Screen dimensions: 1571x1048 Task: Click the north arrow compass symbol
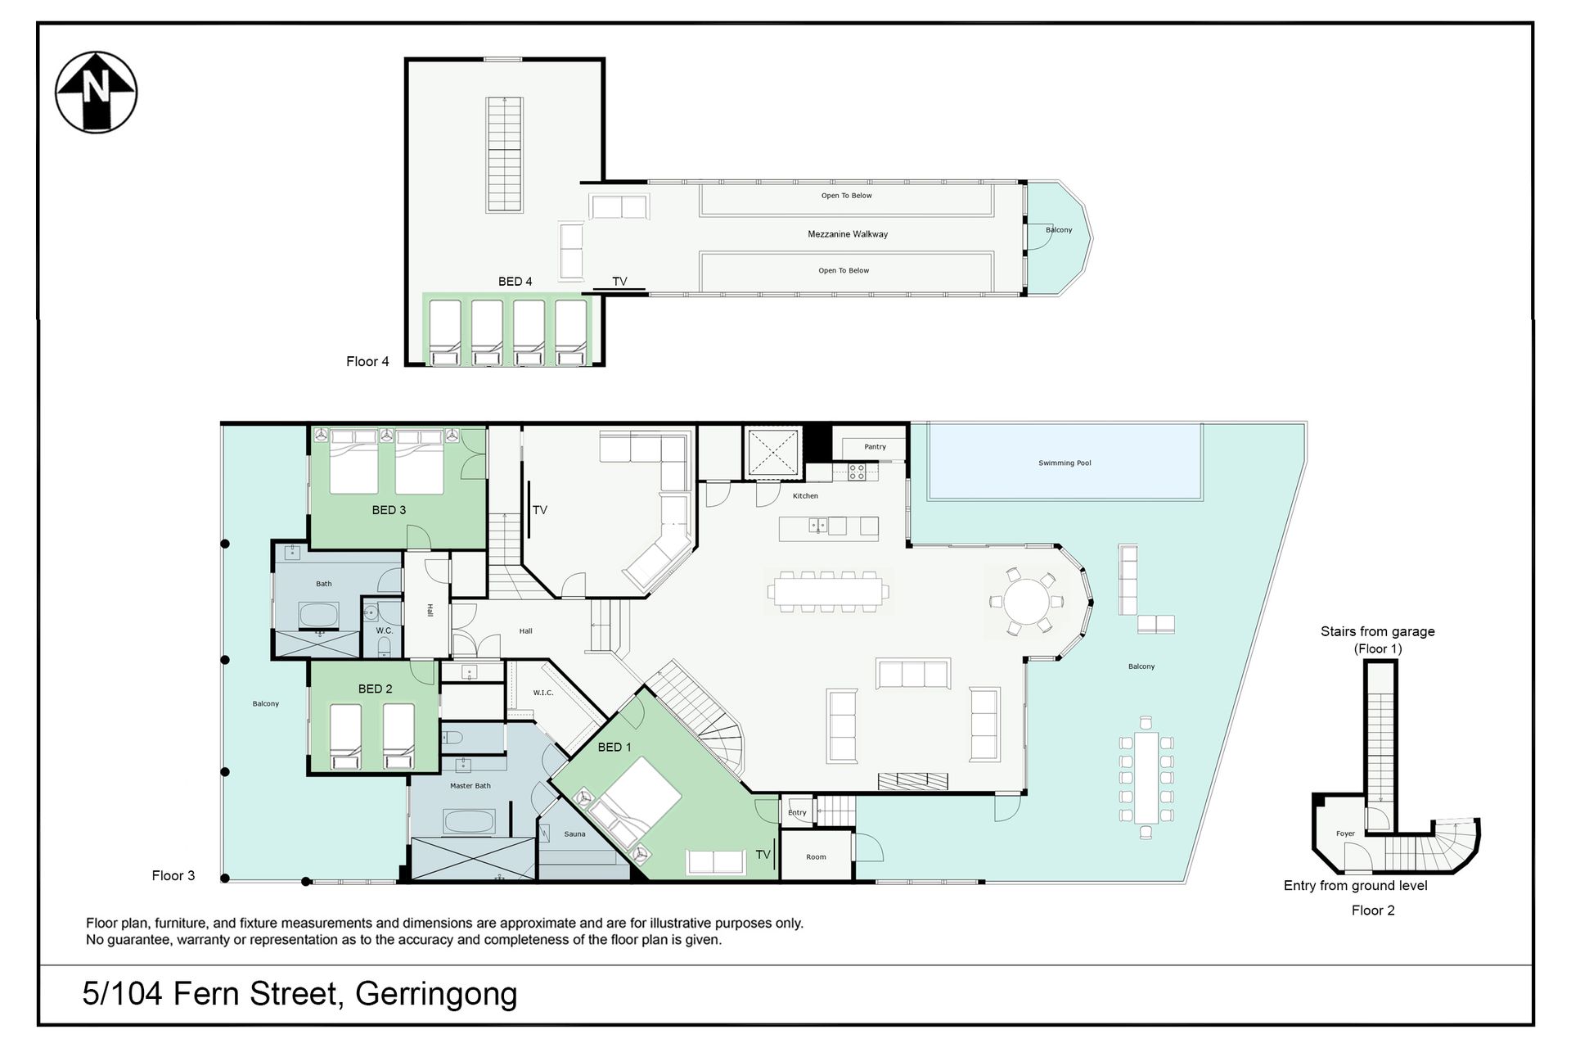tap(96, 92)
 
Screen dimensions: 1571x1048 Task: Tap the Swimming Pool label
tap(1065, 463)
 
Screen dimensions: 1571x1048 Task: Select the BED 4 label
tap(515, 282)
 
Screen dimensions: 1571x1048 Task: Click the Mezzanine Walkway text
tap(848, 234)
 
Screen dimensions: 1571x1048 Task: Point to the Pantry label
tap(875, 447)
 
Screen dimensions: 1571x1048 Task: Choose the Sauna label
tap(574, 834)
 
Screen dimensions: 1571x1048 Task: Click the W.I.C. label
tap(543, 693)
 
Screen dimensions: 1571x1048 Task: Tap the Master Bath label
tap(470, 786)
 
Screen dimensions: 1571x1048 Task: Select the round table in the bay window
tap(1027, 602)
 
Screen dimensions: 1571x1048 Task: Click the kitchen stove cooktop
tap(856, 472)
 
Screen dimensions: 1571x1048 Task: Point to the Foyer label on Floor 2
tap(1345, 833)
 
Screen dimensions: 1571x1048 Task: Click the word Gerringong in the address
tap(436, 994)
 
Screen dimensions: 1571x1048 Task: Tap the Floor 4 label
tap(367, 362)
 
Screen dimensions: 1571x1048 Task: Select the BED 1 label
tap(614, 747)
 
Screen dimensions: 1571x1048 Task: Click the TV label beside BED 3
tap(540, 510)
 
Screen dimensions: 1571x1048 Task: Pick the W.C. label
tap(385, 631)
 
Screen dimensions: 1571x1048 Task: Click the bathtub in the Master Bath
tap(470, 821)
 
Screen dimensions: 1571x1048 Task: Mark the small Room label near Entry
tap(816, 857)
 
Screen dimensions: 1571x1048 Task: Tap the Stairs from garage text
tap(1378, 631)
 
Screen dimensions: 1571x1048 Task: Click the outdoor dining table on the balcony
tap(1146, 777)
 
